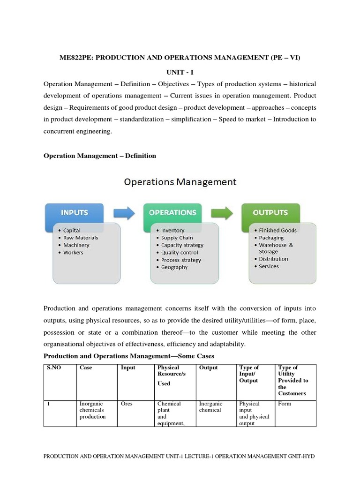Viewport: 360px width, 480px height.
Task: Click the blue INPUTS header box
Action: pos(75,213)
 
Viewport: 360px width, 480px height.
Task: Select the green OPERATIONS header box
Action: pos(172,213)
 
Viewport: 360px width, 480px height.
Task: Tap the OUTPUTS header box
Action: pos(270,213)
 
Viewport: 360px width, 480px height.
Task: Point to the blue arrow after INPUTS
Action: pos(124,213)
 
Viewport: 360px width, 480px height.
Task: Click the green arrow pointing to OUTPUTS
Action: pos(222,213)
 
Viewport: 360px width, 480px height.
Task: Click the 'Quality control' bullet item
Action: pos(180,253)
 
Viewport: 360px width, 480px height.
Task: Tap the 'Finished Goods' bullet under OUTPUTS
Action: pos(277,230)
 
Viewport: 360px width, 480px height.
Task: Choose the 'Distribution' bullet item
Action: pos(273,259)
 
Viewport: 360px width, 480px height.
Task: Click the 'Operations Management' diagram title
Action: pos(180,181)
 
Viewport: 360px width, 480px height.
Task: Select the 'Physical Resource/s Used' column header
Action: pos(172,375)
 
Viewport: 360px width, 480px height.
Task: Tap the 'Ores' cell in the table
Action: pos(127,404)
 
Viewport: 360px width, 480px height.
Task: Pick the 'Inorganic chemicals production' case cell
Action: pos(92,410)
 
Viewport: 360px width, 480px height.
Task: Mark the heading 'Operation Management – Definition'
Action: pos(100,156)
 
